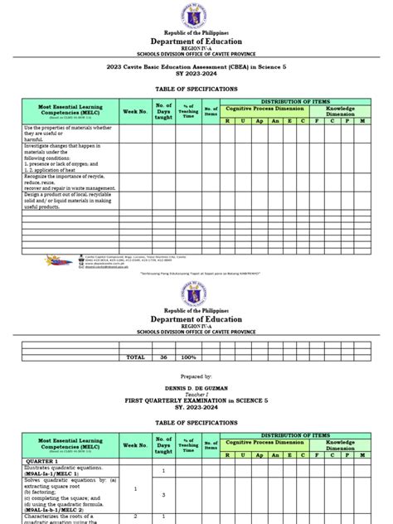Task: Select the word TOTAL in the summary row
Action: pos(134,357)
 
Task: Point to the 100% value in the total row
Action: pos(188,357)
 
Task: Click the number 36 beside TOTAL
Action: pos(163,357)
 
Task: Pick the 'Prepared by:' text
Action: pos(196,376)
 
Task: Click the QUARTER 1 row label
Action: pos(41,460)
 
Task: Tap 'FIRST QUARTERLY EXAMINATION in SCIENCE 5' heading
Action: pos(196,400)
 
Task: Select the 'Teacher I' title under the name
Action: pos(196,395)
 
